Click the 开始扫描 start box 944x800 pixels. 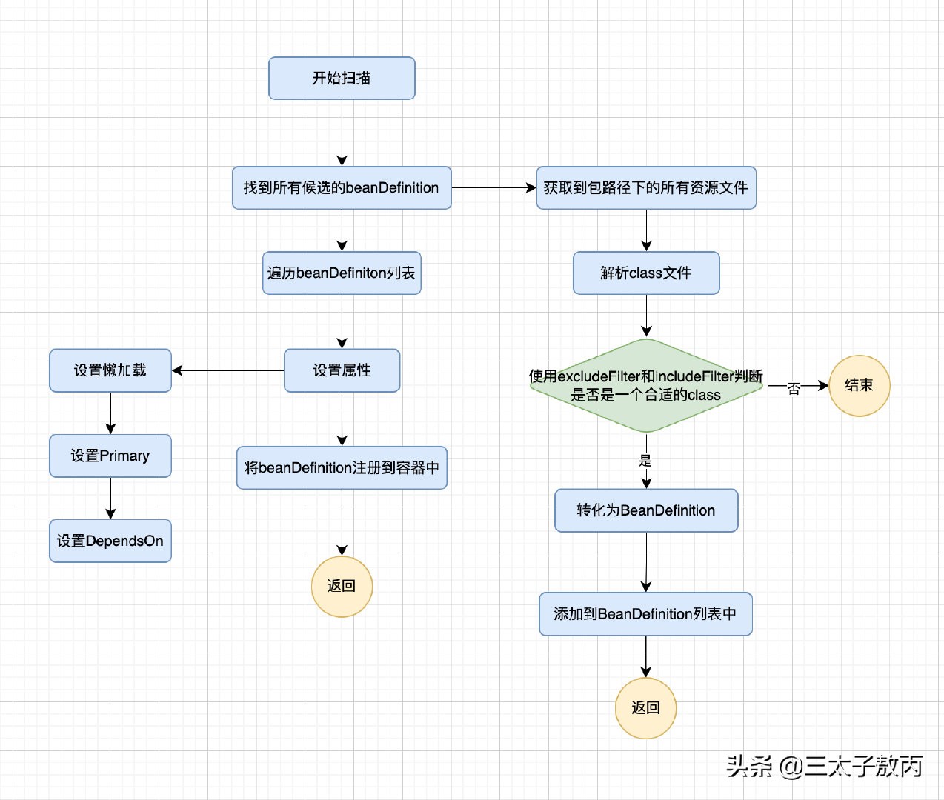coord(342,78)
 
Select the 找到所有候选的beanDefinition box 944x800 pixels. coord(342,188)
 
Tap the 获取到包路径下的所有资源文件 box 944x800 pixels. coord(646,188)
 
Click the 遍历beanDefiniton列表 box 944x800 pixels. coord(342,273)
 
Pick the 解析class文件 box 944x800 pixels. coord(646,273)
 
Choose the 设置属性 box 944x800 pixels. coord(342,370)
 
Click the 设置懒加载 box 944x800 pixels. coord(110,370)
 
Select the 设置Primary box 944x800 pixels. coord(110,456)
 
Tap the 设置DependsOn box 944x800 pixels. coord(110,541)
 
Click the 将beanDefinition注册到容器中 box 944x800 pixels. coord(342,467)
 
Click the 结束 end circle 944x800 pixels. coord(859,385)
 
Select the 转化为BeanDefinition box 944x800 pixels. coord(646,510)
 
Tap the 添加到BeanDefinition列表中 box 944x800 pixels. coord(645,614)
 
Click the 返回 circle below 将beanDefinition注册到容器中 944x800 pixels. coord(342,586)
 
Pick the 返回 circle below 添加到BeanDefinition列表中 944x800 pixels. coord(645,708)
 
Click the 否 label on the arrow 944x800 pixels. coord(794,387)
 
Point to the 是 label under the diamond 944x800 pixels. coord(645,461)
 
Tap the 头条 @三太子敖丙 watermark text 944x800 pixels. coord(824,766)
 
